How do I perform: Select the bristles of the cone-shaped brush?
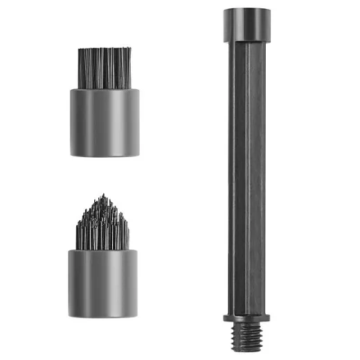(x=104, y=225)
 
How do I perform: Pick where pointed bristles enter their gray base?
(x=104, y=249)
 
